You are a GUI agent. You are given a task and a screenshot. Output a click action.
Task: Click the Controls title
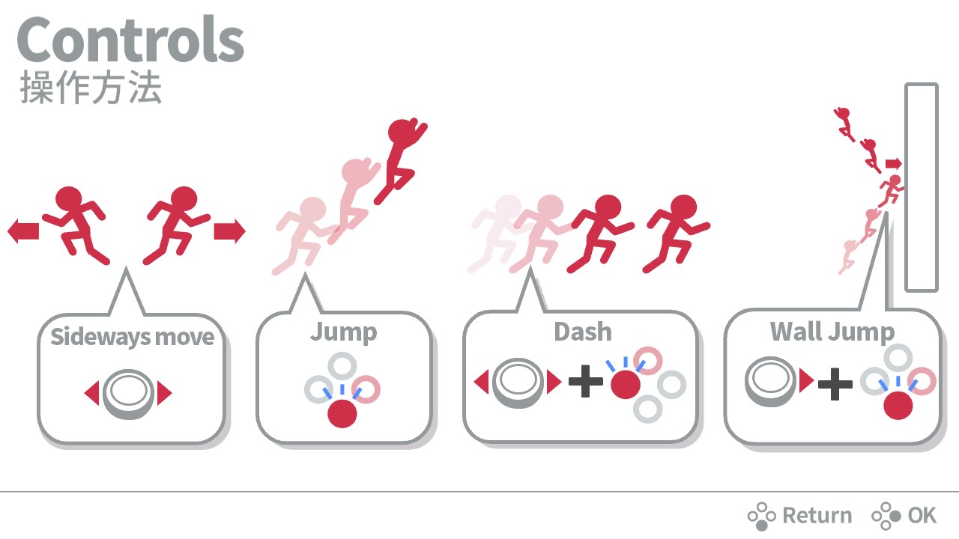click(x=130, y=40)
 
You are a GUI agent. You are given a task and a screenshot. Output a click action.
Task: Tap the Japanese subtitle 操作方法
click(x=91, y=88)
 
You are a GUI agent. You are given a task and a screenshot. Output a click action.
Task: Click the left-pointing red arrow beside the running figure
click(x=23, y=231)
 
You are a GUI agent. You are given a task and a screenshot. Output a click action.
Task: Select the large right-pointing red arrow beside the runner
click(x=229, y=231)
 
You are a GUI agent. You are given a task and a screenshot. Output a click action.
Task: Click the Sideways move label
click(x=133, y=337)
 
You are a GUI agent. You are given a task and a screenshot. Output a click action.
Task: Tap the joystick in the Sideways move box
click(x=128, y=394)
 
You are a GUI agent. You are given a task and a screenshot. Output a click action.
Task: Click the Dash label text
click(x=583, y=332)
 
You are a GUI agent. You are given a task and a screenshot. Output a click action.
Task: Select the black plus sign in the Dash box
click(x=586, y=381)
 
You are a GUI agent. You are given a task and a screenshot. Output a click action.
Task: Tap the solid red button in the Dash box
click(x=626, y=385)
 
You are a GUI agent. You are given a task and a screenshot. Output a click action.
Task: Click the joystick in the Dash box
click(x=518, y=383)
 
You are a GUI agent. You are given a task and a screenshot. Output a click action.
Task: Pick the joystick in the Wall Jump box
click(x=771, y=381)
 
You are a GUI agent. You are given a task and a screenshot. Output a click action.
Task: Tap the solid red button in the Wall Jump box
click(x=898, y=406)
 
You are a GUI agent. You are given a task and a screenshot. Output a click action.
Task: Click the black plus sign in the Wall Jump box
click(x=835, y=384)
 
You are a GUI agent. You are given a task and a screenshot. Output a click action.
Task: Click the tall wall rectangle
click(x=922, y=187)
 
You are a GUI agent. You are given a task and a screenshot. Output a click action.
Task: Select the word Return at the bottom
click(x=817, y=516)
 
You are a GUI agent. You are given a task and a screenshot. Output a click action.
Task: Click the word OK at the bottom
click(x=922, y=516)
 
